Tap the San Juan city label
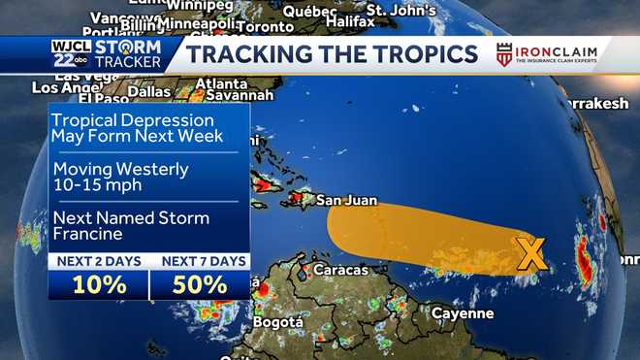(x=344, y=202)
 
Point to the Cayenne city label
(x=462, y=313)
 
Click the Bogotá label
(x=278, y=321)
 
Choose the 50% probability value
(x=201, y=285)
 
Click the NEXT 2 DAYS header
(x=98, y=262)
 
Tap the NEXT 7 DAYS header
(x=201, y=262)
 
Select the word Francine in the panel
(x=88, y=234)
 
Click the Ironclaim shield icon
(x=504, y=54)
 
